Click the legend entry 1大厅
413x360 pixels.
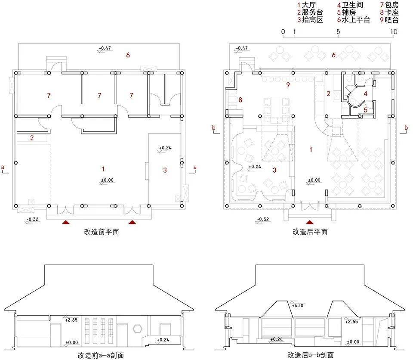(x=307, y=5)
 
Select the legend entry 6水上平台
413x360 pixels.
(x=354, y=20)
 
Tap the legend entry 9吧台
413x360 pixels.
(x=389, y=20)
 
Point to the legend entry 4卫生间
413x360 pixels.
(x=350, y=5)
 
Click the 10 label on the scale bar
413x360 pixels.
(x=394, y=31)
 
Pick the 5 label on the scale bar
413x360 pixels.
(x=338, y=31)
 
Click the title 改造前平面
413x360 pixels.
(x=102, y=232)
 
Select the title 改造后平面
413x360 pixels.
(x=310, y=232)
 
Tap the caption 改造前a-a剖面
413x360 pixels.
(x=101, y=355)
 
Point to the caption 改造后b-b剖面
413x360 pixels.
(x=311, y=355)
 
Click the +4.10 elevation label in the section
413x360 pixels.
(x=298, y=305)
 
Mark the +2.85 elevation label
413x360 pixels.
(x=71, y=320)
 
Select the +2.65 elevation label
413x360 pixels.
(x=351, y=322)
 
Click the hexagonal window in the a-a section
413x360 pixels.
(x=138, y=329)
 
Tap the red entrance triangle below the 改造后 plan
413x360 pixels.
(x=310, y=222)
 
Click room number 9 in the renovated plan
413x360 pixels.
(x=288, y=85)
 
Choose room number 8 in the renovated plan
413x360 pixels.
(x=240, y=100)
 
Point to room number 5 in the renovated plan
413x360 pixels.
(x=365, y=110)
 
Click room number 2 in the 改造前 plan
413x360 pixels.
(x=32, y=138)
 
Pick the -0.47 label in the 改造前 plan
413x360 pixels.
(x=105, y=48)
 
